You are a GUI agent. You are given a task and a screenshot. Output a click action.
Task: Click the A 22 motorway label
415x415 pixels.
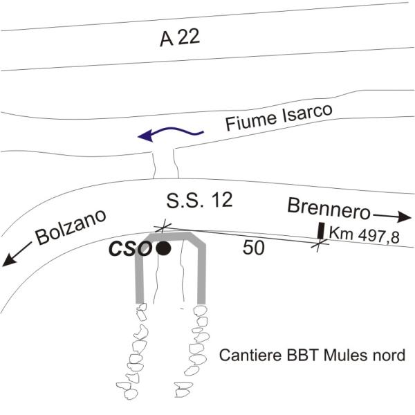tap(180, 38)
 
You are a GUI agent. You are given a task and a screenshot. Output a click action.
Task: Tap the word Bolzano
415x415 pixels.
tap(71, 228)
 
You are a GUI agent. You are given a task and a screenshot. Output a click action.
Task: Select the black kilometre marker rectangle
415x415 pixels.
tap(321, 230)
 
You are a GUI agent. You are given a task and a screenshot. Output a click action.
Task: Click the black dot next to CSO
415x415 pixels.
tap(164, 249)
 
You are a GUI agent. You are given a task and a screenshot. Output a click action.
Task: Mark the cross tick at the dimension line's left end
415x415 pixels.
tap(164, 226)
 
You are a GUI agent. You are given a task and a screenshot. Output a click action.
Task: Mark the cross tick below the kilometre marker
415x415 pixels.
tap(320, 243)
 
